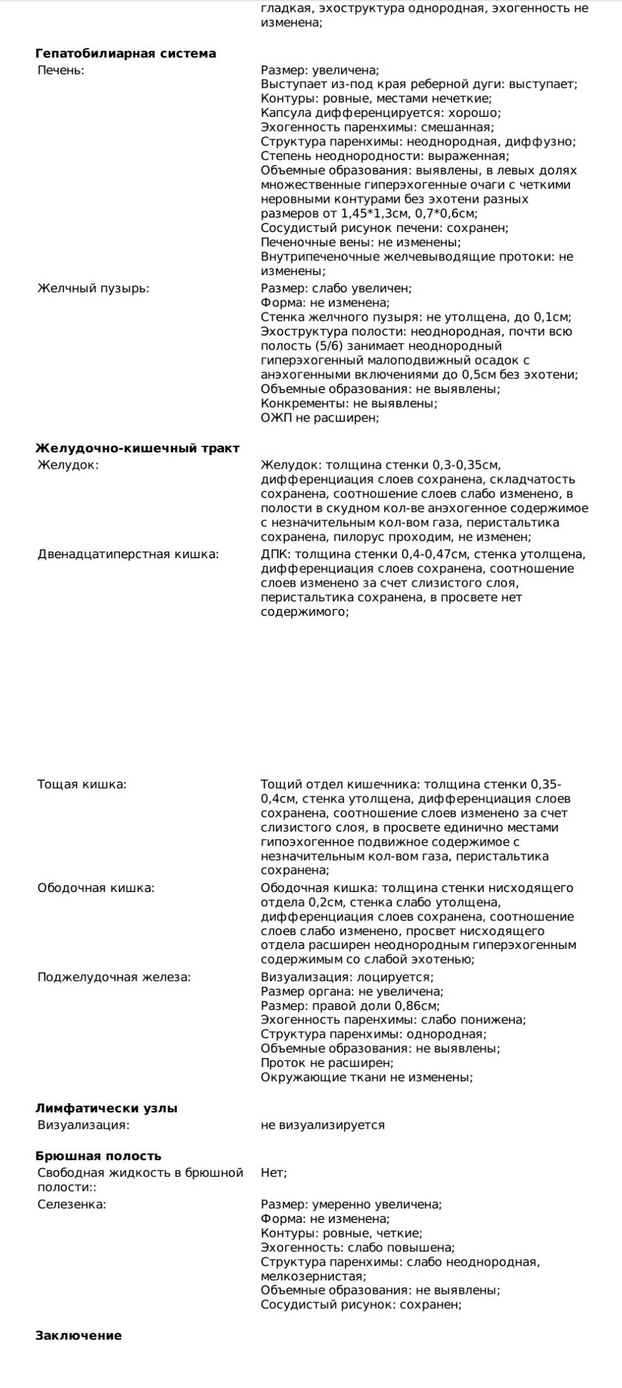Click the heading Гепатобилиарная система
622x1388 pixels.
126,53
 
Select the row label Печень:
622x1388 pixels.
61,70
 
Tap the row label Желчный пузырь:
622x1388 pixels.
93,288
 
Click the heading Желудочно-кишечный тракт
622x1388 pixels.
137,448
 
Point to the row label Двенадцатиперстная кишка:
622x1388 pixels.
128,554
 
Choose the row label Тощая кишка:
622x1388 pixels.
82,784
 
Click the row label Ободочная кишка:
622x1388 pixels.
96,888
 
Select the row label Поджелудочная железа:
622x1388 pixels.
114,977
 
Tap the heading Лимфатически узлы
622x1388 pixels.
106,1108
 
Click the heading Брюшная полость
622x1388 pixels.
98,1156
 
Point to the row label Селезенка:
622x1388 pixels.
72,1204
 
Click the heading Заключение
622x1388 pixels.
79,1336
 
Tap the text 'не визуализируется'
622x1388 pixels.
323,1125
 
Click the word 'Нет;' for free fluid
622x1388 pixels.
273,1173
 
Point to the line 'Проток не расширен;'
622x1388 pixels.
327,1063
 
